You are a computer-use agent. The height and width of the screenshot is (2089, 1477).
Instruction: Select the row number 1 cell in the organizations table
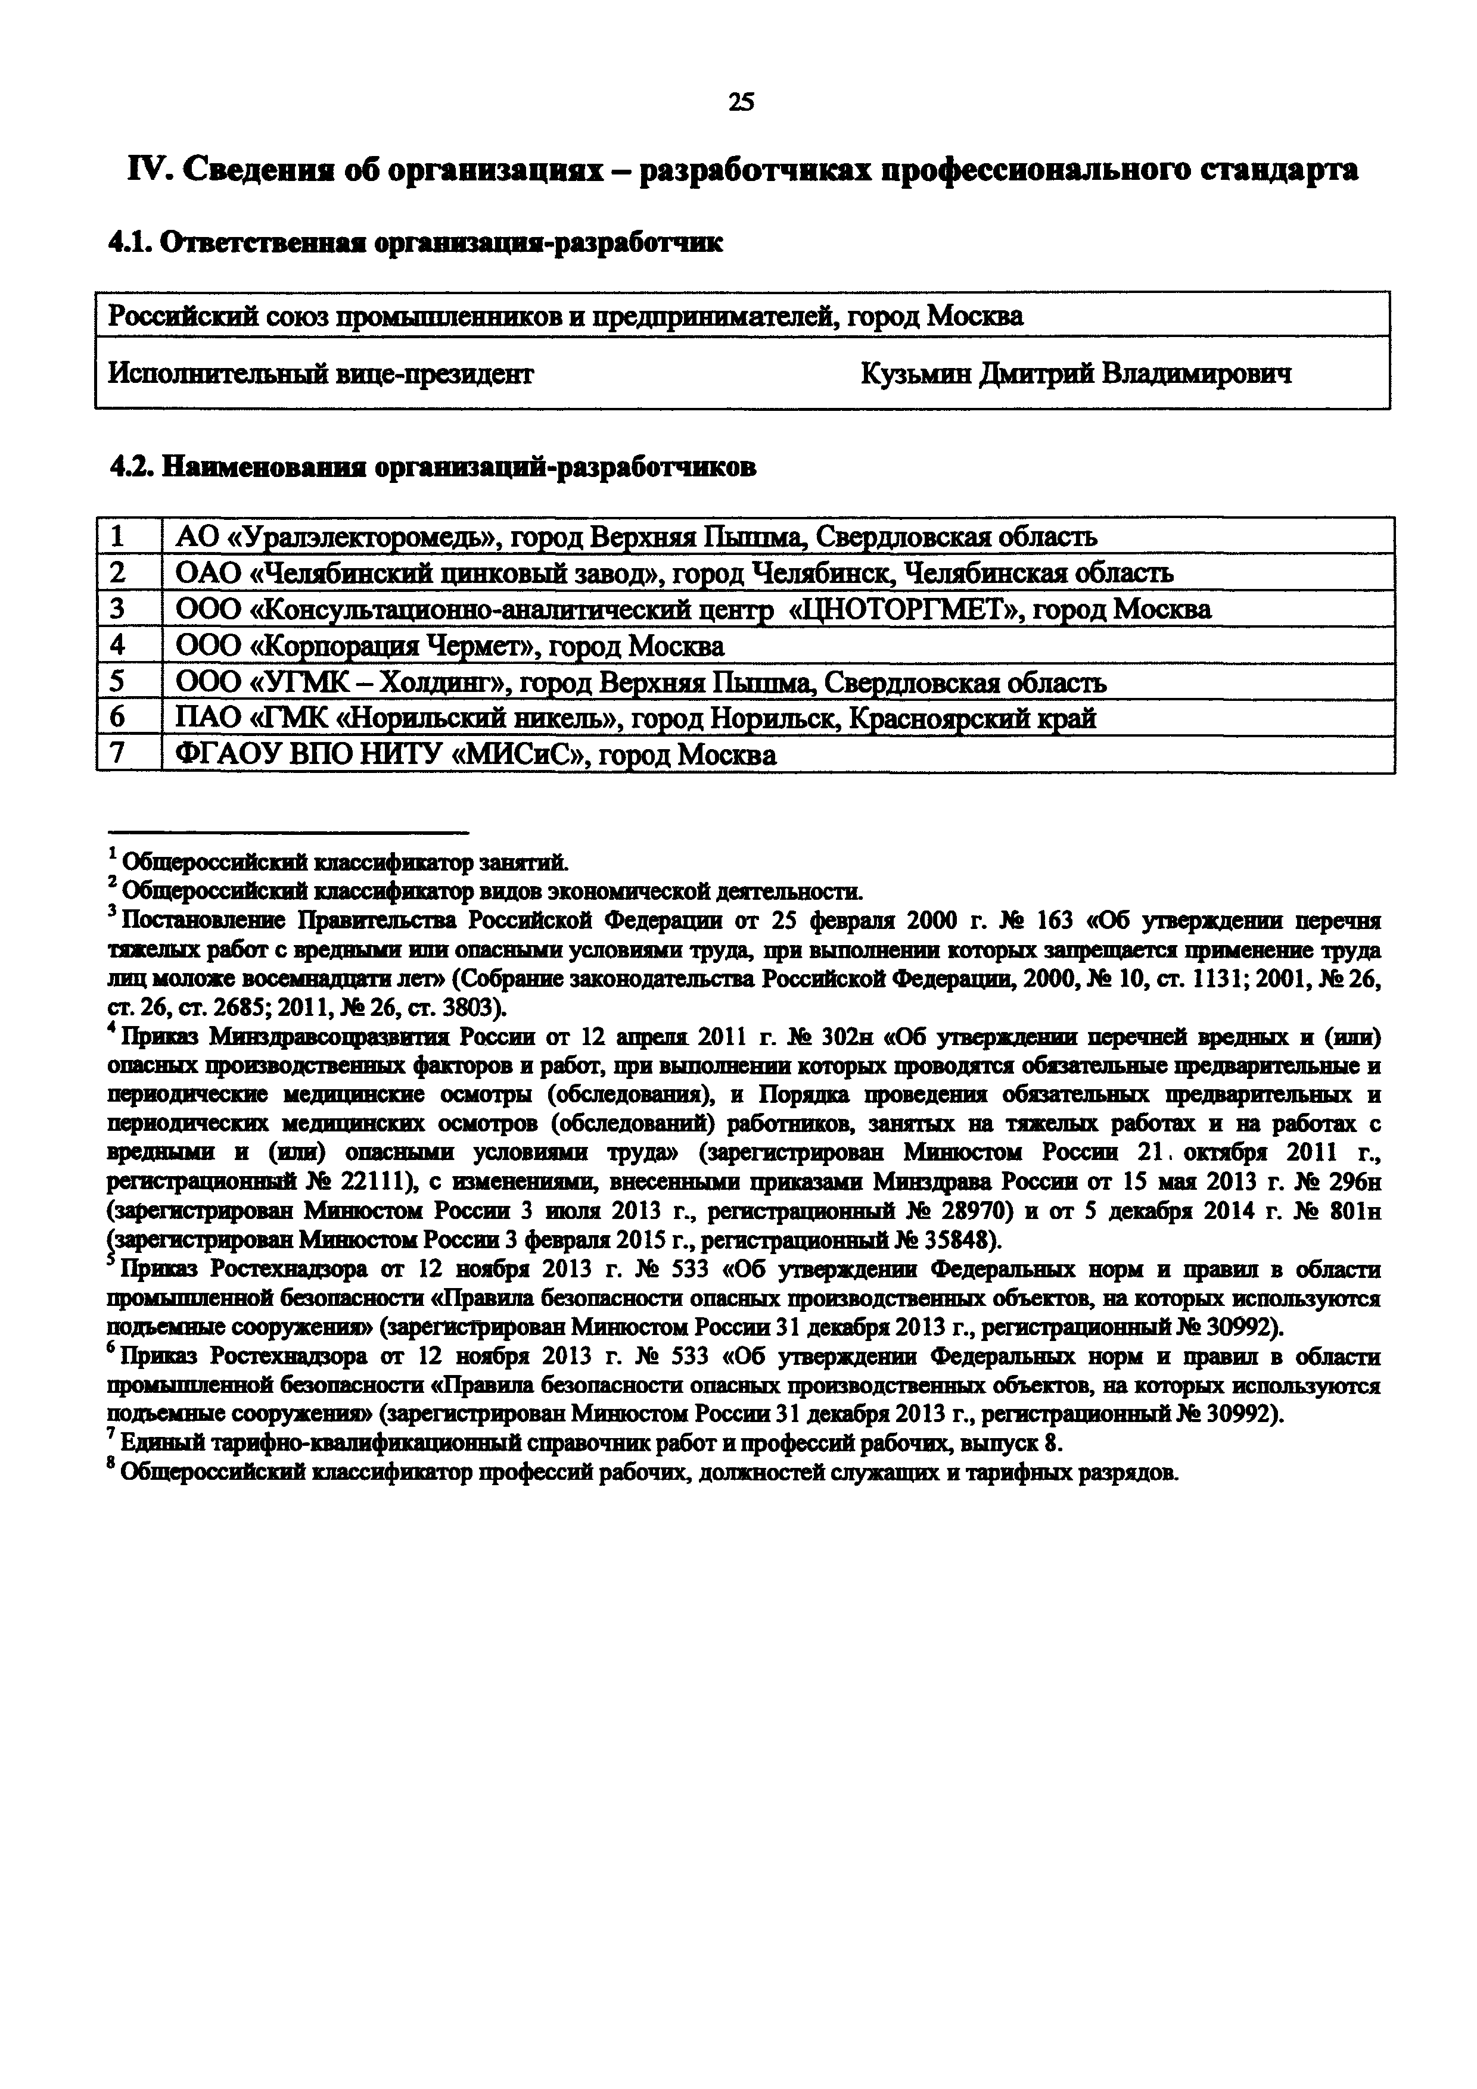pyautogui.click(x=117, y=537)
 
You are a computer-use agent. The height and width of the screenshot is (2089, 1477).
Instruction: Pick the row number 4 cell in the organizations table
pyautogui.click(x=117, y=646)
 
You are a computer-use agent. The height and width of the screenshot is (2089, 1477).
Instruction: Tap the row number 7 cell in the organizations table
pyautogui.click(x=117, y=755)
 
